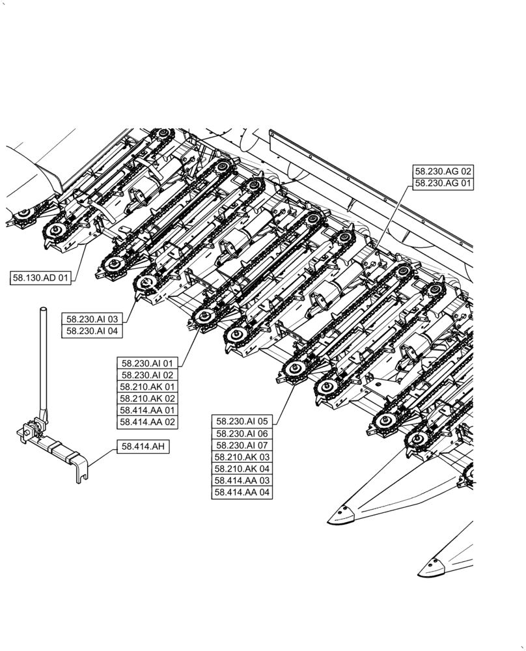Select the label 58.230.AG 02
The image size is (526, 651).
(443, 171)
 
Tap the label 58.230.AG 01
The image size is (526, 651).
(443, 184)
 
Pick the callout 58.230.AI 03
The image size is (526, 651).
(92, 319)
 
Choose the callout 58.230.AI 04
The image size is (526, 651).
(92, 331)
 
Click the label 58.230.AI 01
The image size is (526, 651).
(147, 363)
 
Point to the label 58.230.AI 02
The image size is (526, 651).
(147, 375)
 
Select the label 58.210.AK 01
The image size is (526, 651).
(147, 387)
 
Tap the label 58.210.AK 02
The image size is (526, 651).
(147, 398)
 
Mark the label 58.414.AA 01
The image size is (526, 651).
(147, 410)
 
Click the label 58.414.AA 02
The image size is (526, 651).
(147, 422)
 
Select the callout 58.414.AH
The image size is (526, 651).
(143, 446)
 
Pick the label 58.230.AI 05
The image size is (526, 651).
(242, 421)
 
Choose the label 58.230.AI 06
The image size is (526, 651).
(242, 434)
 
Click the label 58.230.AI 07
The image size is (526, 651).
(242, 445)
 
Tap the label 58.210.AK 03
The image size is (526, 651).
(242, 457)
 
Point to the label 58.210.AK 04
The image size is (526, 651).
(242, 469)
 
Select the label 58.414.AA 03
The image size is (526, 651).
(242, 480)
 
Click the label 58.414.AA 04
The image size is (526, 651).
(242, 492)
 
